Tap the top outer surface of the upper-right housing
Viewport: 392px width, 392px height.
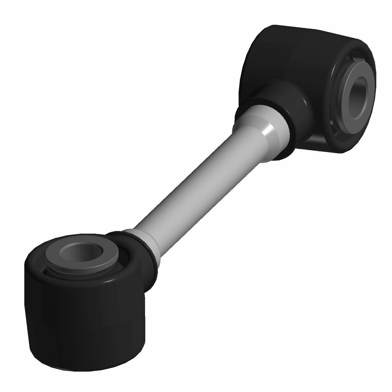301,39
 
